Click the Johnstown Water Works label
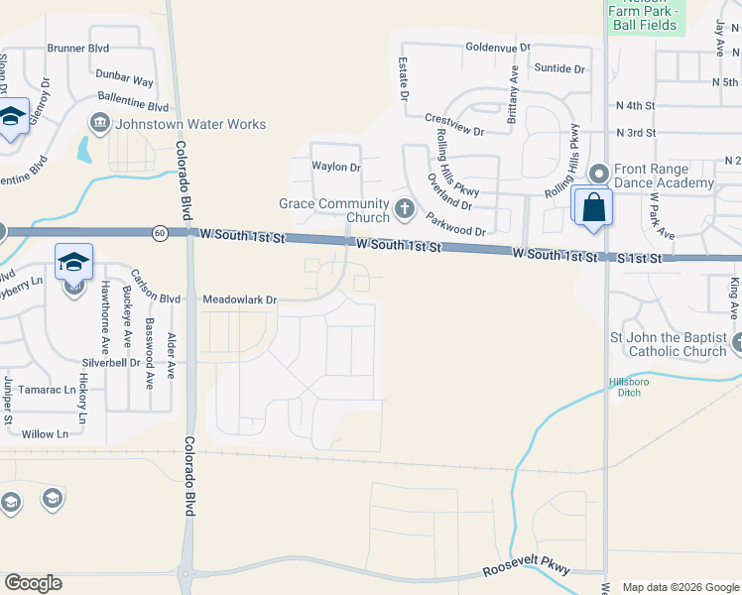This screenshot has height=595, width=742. tap(191, 125)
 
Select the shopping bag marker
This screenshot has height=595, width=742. tap(593, 208)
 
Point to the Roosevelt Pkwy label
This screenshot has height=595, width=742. tap(527, 570)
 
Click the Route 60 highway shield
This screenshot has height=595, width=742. tap(160, 233)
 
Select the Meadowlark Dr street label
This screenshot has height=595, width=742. tap(240, 298)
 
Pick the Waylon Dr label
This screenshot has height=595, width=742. tap(336, 167)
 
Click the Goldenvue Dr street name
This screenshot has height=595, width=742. tap(499, 47)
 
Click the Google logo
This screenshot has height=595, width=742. tap(33, 583)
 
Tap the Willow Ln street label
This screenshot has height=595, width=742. tap(45, 434)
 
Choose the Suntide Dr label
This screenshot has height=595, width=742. tap(559, 68)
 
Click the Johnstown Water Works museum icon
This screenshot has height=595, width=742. tap(100, 125)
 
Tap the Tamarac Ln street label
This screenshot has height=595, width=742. tap(49, 390)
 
